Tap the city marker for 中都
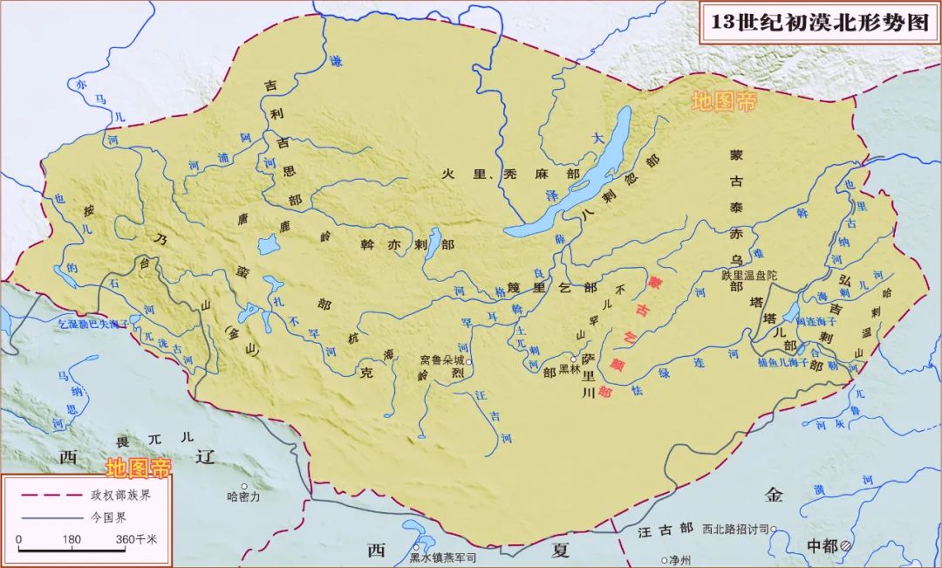845,545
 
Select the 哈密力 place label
243,496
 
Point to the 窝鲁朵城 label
442,359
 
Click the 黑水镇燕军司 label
443,558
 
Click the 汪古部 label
666,529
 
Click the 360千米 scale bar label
137,539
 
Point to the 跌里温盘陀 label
748,274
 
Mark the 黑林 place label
569,370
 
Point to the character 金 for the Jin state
774,496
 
